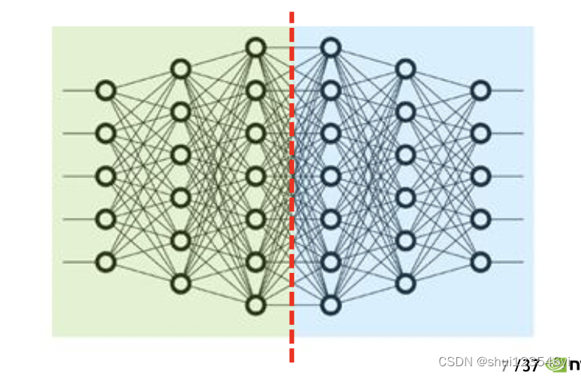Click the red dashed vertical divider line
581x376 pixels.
[292, 188]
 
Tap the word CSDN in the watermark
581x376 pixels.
[453, 362]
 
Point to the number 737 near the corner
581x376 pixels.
[527, 366]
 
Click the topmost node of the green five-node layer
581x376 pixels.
[106, 91]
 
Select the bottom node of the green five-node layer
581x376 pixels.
[106, 262]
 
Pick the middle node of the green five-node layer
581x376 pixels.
[106, 177]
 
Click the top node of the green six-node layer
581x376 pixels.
[180, 69]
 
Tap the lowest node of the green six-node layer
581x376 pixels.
[180, 284]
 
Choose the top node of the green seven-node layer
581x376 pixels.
[256, 48]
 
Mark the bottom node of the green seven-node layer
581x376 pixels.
[256, 305]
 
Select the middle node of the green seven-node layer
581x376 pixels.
[256, 177]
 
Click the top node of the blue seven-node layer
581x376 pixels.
[330, 48]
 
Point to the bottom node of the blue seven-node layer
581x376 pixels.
[330, 305]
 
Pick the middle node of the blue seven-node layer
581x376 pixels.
[330, 177]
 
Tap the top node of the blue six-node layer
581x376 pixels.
[405, 69]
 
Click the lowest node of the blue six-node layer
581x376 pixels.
[405, 284]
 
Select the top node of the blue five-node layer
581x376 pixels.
[480, 91]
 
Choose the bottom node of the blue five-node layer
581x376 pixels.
[480, 262]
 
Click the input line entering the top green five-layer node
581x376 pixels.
[79, 91]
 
